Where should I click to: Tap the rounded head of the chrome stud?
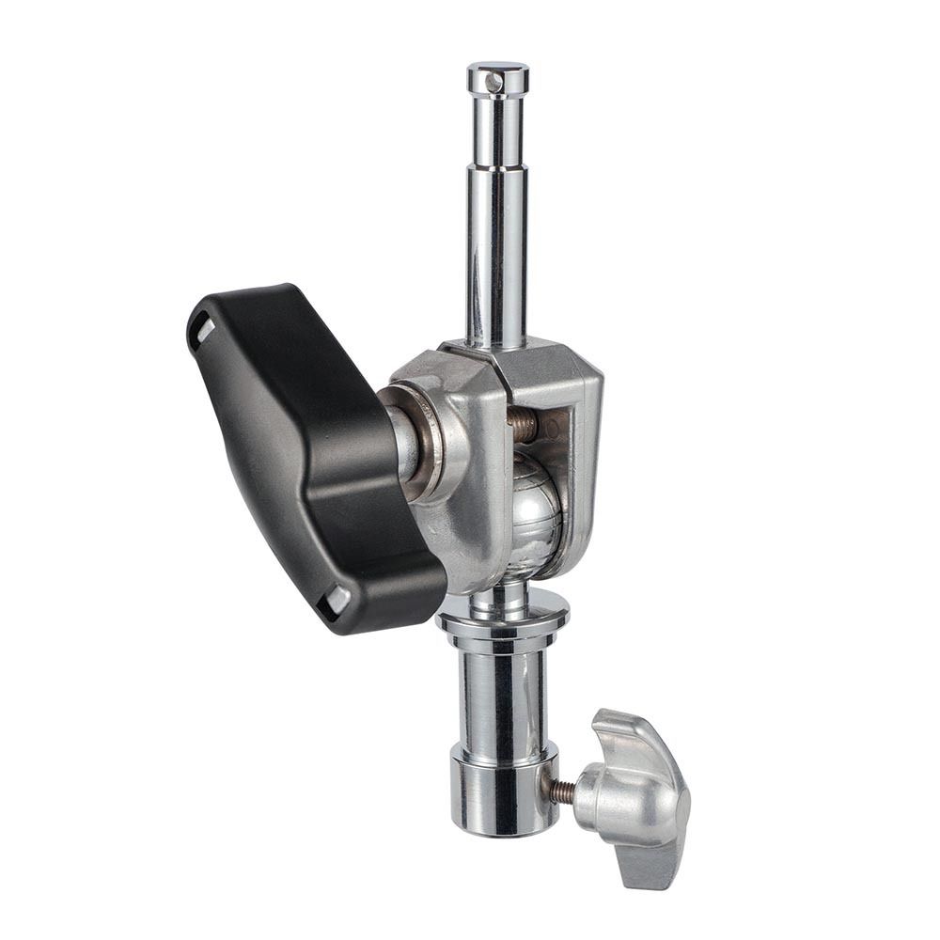click(x=497, y=74)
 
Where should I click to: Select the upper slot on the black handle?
click(x=203, y=331)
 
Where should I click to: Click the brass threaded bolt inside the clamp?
click(x=523, y=425)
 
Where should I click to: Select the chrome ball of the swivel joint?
click(x=537, y=512)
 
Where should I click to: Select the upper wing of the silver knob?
click(x=630, y=743)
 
